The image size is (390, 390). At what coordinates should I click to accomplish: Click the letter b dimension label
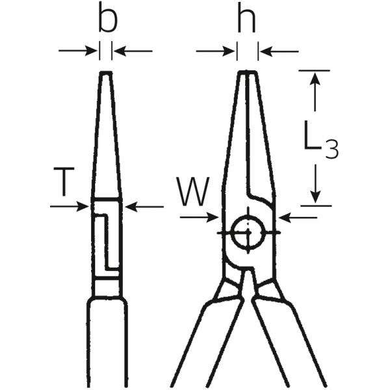pyautogui.click(x=107, y=21)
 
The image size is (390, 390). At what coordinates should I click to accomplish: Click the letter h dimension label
pyautogui.click(x=246, y=20)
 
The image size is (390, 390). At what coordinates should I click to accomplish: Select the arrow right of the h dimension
pyautogui.click(x=279, y=50)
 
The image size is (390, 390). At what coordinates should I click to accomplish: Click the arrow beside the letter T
pyautogui.click(x=70, y=207)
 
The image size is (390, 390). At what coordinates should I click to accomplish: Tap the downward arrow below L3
pyautogui.click(x=316, y=185)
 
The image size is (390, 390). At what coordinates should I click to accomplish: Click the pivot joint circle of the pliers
pyautogui.click(x=248, y=231)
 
